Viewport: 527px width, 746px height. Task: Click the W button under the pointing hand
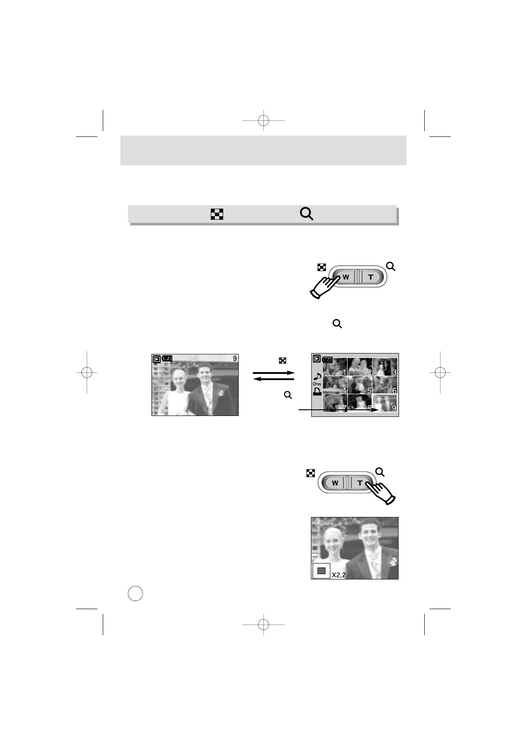346,277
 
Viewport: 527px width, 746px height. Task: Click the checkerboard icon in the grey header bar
217,214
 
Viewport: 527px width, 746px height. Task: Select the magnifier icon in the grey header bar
306,214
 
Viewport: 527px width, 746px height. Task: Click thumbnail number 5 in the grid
360,385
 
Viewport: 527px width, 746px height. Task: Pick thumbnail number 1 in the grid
335,367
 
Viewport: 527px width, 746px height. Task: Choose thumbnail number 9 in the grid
385,403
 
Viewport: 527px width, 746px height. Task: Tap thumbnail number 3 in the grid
385,367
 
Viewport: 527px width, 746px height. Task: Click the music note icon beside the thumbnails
317,376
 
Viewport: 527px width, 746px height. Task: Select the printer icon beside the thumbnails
317,391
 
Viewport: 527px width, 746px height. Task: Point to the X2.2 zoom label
338,575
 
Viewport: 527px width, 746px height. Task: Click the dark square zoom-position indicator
322,571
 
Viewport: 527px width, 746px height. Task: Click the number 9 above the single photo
235,358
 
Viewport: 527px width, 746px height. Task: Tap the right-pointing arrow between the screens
273,373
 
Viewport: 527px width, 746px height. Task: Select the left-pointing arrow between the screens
273,379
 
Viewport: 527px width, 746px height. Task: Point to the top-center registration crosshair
263,120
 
